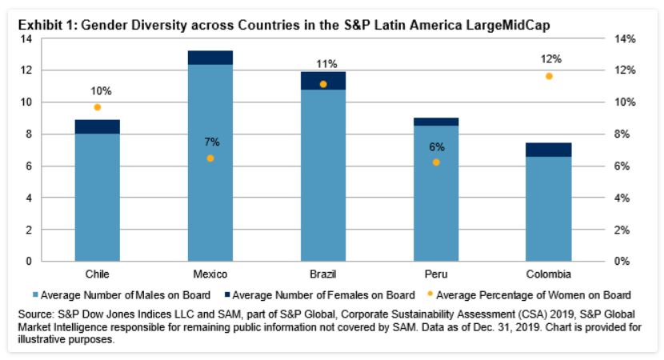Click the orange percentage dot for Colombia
[x=549, y=76]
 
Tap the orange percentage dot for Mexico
[x=210, y=158]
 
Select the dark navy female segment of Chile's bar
[x=97, y=126]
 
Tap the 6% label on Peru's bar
[x=436, y=146]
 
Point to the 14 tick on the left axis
[x=27, y=38]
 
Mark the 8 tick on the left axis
[x=30, y=134]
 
